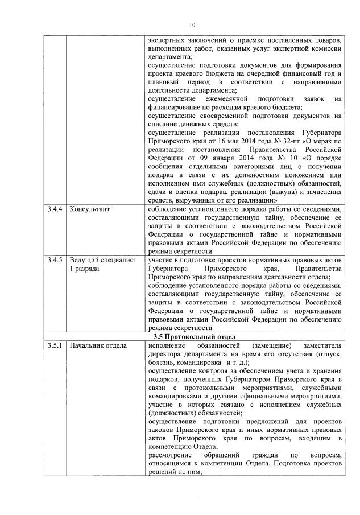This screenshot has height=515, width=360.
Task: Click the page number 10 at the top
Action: tap(192, 24)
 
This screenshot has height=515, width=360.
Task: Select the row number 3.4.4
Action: tap(55, 209)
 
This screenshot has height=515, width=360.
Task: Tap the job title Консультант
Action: tap(89, 209)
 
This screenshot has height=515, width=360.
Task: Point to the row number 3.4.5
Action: tap(55, 260)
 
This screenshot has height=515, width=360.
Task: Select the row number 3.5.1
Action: tap(55, 345)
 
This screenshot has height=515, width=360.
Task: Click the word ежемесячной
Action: tap(216, 98)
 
